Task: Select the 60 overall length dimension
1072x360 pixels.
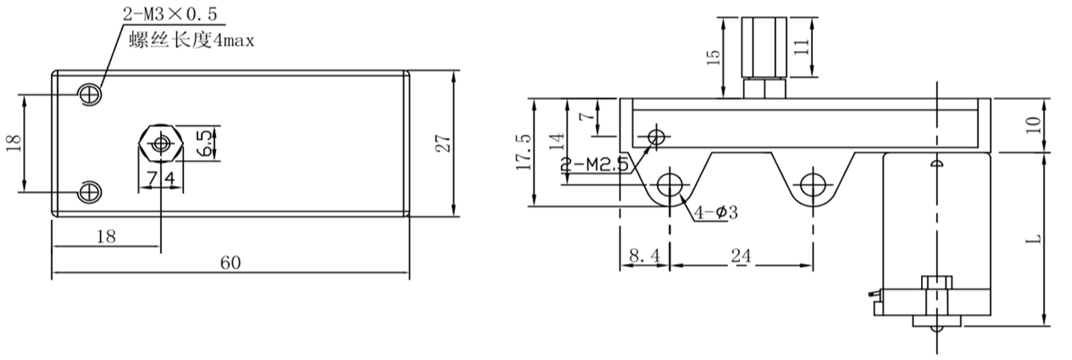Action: pyautogui.click(x=230, y=263)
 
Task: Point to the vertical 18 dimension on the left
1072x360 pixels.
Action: pyautogui.click(x=13, y=143)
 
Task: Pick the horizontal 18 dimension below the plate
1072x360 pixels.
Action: pyautogui.click(x=105, y=236)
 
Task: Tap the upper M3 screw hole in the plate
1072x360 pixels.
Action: pyautogui.click(x=90, y=93)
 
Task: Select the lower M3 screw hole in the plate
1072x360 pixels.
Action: pyautogui.click(x=90, y=191)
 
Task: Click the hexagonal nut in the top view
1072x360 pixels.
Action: pyautogui.click(x=161, y=142)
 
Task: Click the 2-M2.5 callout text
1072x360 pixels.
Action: pyautogui.click(x=595, y=164)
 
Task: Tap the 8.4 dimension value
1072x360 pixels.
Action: pyautogui.click(x=643, y=255)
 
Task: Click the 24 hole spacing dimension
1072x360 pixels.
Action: pyautogui.click(x=741, y=255)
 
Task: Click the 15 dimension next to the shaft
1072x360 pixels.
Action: pyautogui.click(x=712, y=57)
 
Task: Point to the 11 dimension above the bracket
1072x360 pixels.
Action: pyautogui.click(x=800, y=47)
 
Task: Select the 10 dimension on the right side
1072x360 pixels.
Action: pyautogui.click(x=1034, y=125)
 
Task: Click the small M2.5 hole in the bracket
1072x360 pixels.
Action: pyautogui.click(x=657, y=137)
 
